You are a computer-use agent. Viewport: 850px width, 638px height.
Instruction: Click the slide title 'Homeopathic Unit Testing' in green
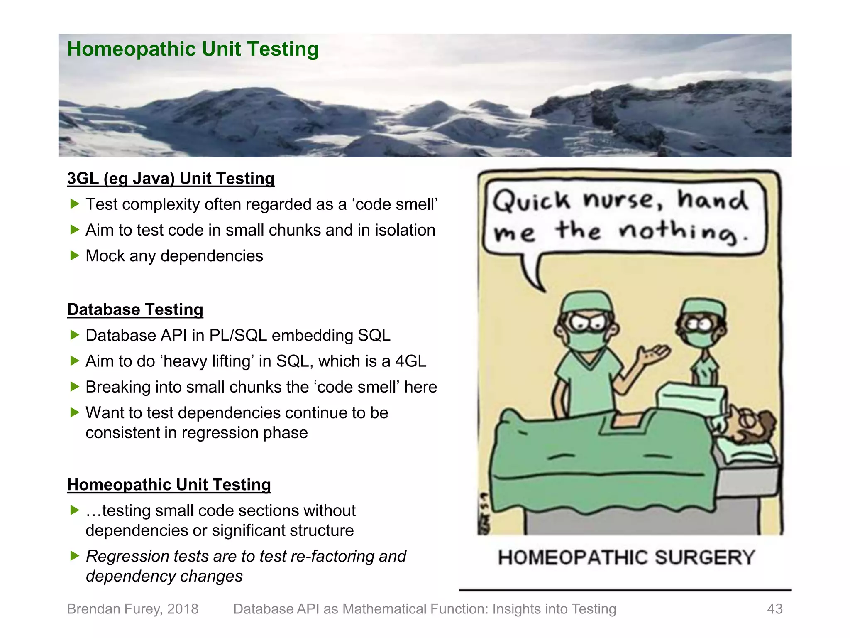click(x=193, y=49)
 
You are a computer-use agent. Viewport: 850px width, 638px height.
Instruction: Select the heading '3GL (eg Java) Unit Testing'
click(x=171, y=179)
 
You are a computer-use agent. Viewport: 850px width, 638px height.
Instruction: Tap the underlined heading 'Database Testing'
click(x=135, y=310)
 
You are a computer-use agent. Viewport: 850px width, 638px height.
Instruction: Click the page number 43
click(x=774, y=609)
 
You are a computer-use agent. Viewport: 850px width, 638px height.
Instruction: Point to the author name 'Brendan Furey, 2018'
click(x=133, y=609)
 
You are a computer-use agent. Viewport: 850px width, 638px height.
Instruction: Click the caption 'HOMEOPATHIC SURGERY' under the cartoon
click(x=626, y=557)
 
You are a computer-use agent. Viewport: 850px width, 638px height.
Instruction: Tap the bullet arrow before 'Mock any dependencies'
click(x=75, y=255)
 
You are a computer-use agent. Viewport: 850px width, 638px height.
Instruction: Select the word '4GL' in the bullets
click(x=410, y=361)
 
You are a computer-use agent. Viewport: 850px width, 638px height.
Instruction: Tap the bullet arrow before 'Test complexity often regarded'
click(x=75, y=204)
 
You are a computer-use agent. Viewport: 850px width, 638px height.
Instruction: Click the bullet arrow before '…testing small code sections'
click(x=75, y=510)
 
